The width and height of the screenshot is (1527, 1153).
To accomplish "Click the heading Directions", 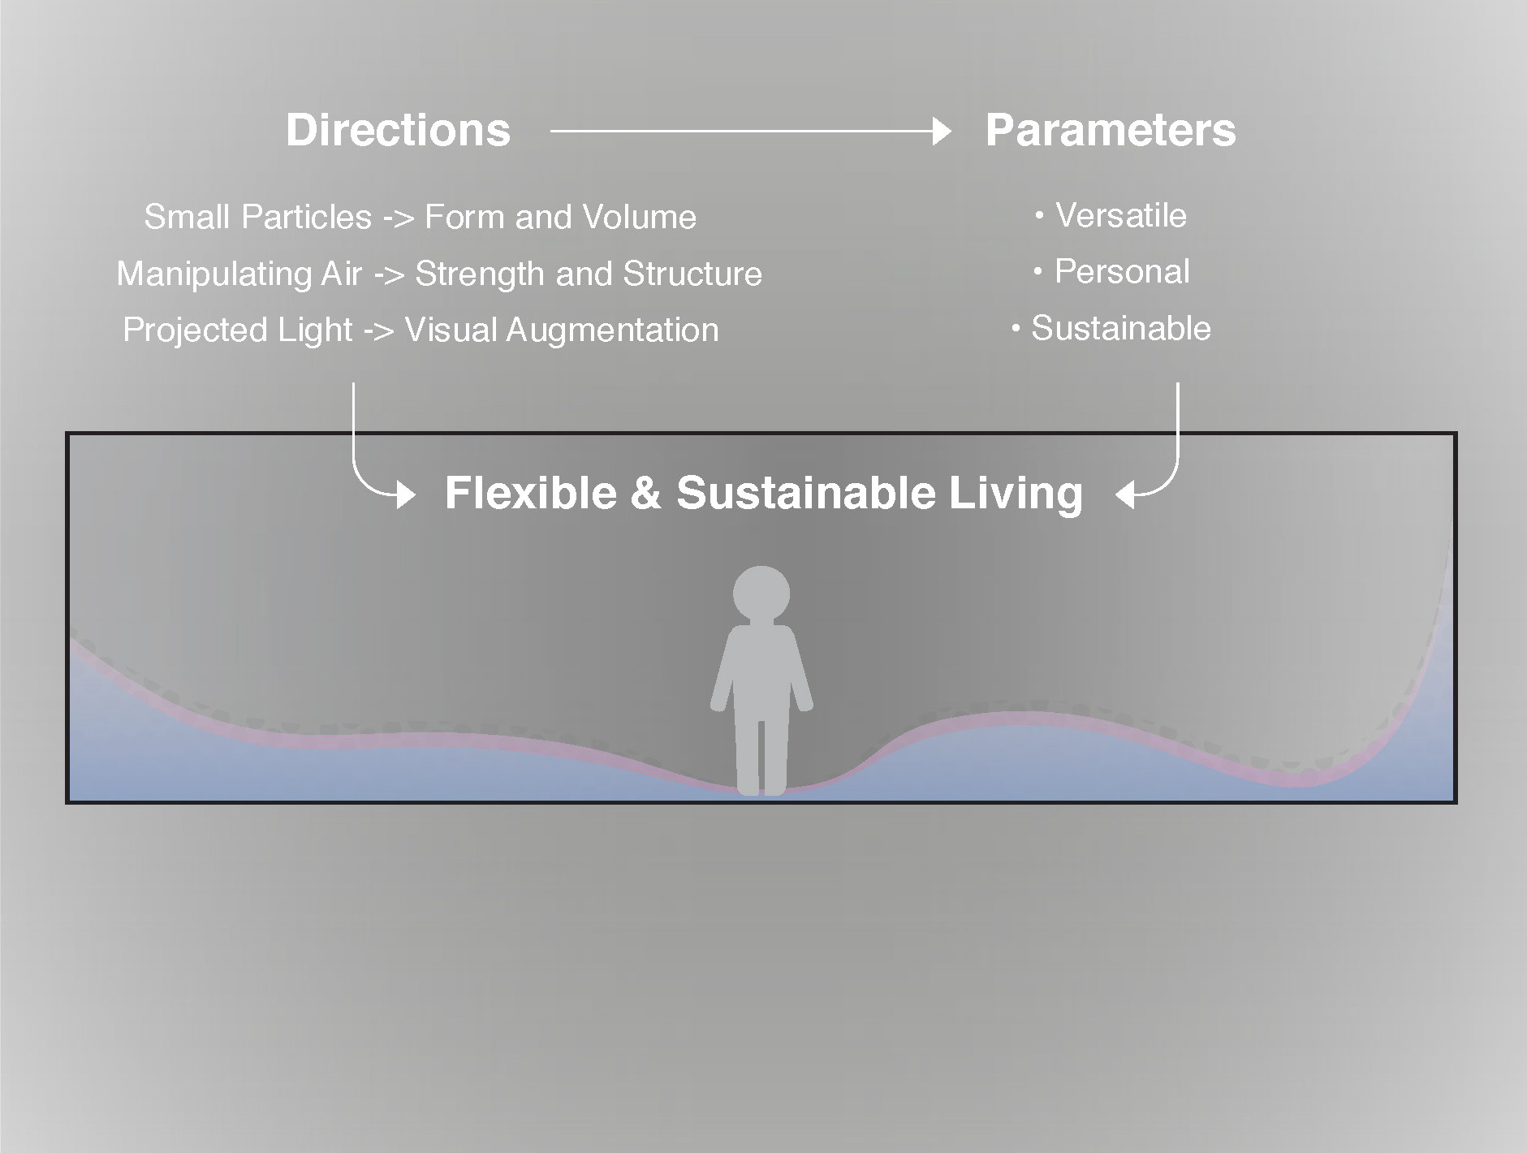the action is click(398, 130).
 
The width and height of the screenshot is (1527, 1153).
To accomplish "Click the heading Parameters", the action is click(1111, 130).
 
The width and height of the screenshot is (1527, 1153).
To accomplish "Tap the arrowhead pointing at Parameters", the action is click(942, 131).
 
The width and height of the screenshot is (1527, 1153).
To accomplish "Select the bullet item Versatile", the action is click(1111, 215).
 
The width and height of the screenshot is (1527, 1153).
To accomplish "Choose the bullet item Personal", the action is click(1112, 271).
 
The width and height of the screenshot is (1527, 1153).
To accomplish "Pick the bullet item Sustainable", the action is click(1111, 328).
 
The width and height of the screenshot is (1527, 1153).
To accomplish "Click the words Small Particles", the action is click(258, 218).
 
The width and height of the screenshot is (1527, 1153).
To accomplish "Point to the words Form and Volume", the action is click(560, 218).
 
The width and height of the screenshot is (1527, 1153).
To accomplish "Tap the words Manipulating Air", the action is click(239, 274).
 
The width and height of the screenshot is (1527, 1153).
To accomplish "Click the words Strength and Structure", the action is click(589, 274).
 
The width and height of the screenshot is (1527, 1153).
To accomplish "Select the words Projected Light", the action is click(238, 330).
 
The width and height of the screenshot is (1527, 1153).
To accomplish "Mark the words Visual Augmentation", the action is click(562, 330).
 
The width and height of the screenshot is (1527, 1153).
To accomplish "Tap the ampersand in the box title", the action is click(645, 493).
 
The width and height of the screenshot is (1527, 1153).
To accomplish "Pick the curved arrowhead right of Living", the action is click(1125, 494).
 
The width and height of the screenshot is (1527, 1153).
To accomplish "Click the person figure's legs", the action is click(761, 751).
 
